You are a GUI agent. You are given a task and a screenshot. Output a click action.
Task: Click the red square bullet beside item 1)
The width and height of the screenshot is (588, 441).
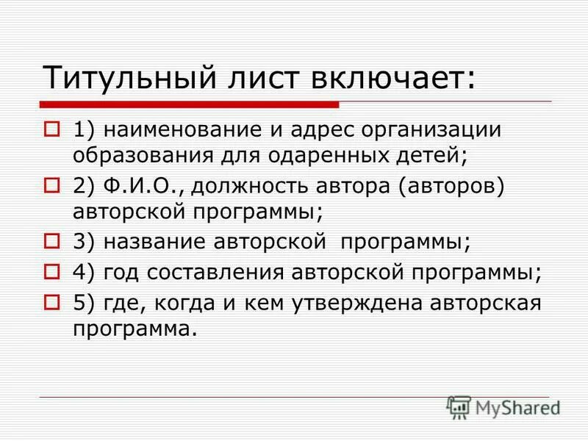(x=52, y=129)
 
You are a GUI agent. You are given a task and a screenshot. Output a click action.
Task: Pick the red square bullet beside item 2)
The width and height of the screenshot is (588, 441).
(x=52, y=184)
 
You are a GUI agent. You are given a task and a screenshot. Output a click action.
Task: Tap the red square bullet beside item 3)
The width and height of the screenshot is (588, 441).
(x=52, y=240)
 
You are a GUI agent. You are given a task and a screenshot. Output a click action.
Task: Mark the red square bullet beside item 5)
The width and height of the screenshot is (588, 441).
(x=52, y=301)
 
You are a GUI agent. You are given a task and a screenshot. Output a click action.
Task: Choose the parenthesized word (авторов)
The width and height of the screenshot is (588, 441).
(x=452, y=187)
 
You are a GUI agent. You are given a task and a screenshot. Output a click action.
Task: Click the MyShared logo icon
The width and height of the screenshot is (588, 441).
(x=459, y=406)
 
